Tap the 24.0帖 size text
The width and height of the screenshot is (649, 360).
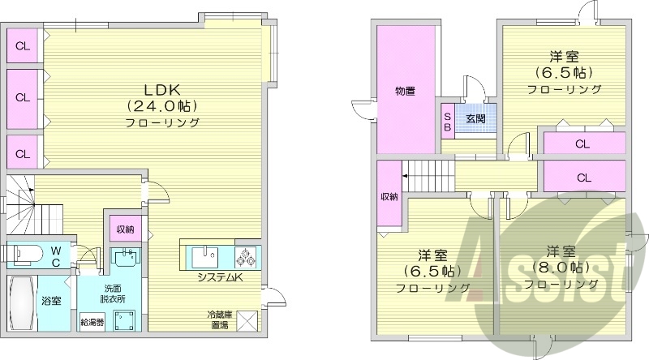click(162, 105)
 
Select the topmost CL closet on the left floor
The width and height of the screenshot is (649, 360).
click(24, 45)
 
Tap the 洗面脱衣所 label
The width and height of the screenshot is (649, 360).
click(111, 294)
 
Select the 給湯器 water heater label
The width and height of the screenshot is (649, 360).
click(92, 322)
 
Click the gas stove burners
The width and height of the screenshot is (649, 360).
click(247, 257)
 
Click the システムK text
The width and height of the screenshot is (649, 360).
click(219, 277)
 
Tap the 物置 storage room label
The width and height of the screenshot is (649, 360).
click(405, 92)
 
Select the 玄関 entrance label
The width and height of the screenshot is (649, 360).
click(475, 118)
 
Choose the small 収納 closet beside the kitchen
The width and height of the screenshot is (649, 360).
click(124, 228)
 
